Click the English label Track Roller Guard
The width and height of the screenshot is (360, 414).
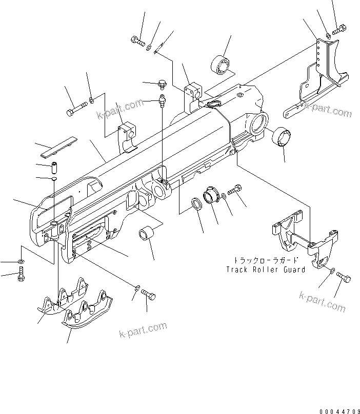[x=265, y=270]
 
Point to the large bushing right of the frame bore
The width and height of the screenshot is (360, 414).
[x=282, y=138]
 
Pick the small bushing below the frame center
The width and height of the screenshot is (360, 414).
[x=146, y=234]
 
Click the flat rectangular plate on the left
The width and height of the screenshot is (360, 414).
[x=58, y=147]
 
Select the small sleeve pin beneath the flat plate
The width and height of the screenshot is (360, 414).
[x=55, y=167]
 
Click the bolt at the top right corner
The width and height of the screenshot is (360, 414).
[x=338, y=31]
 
